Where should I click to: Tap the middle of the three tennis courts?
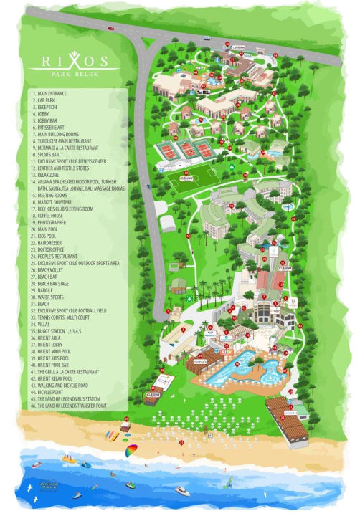188,150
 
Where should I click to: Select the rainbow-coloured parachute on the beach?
131,451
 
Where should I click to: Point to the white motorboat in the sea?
183,491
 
